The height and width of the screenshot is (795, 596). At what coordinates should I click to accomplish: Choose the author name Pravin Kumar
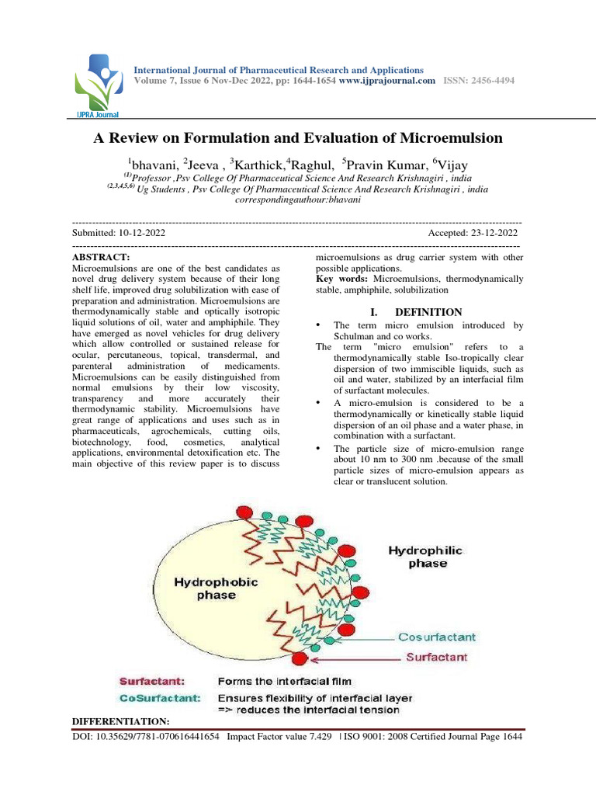click(384, 164)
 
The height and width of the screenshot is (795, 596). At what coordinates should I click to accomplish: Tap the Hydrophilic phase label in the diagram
click(425, 556)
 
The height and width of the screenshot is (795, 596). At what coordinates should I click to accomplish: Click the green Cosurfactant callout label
click(436, 637)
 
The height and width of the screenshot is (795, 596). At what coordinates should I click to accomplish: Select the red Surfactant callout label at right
click(436, 658)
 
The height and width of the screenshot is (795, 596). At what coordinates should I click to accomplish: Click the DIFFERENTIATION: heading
click(120, 722)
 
